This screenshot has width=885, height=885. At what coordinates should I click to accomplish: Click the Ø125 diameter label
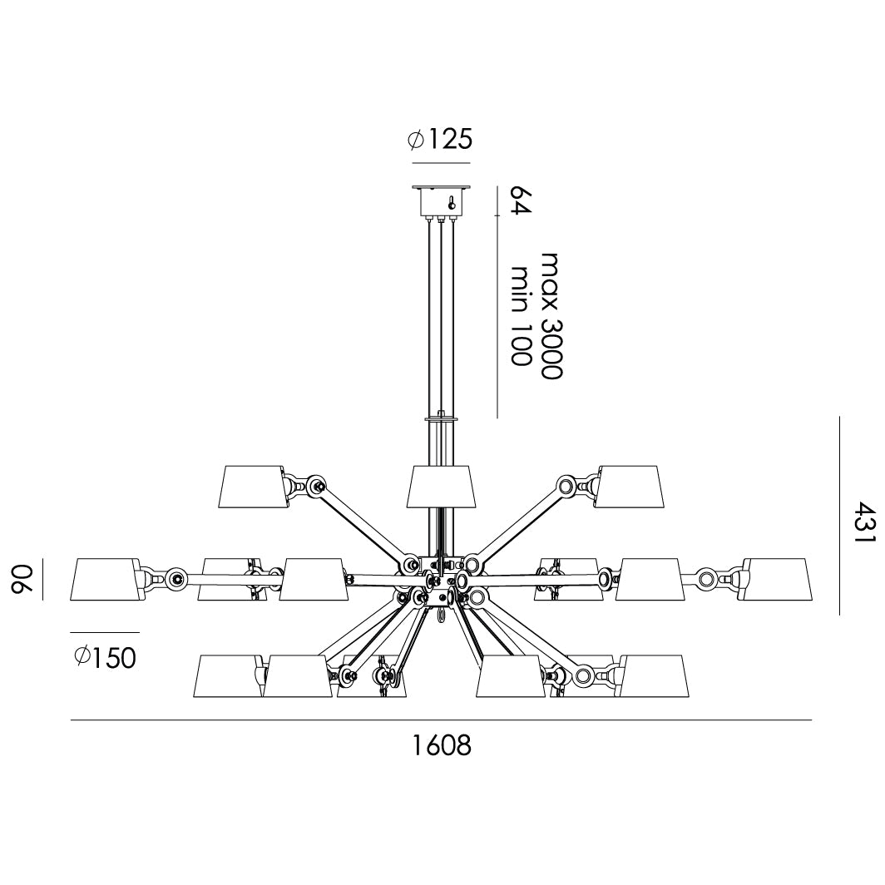[x=440, y=139]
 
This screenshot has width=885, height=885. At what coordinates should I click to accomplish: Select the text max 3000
[x=551, y=316]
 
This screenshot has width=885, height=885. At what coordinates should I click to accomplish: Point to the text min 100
[x=522, y=316]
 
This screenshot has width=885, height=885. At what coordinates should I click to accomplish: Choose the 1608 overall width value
[x=442, y=745]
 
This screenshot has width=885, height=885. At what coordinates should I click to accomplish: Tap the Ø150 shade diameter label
[x=104, y=658]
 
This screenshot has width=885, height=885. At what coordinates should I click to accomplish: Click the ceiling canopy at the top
[x=441, y=200]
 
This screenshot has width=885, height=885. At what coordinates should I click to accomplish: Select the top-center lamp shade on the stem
[x=441, y=487]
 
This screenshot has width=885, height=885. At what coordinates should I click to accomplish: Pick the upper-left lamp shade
[x=252, y=487]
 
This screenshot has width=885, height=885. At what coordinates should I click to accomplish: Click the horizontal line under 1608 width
[x=441, y=720]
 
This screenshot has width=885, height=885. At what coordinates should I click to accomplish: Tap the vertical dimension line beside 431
[x=840, y=516]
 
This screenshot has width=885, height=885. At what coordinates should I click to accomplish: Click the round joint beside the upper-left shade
[x=316, y=485]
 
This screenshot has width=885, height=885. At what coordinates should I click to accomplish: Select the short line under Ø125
[x=440, y=163]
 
